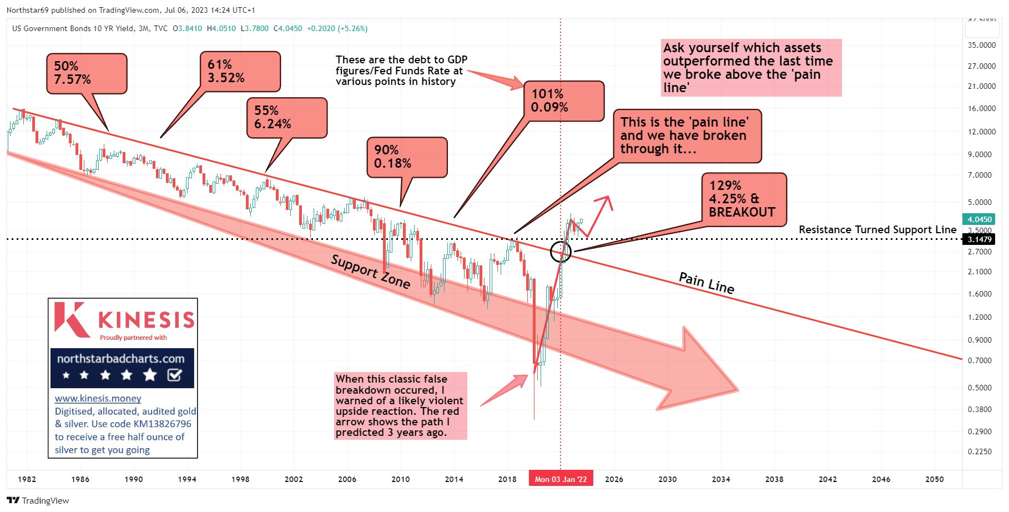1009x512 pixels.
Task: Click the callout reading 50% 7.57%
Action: pyautogui.click(x=87, y=73)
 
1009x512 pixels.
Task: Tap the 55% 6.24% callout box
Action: pyautogui.click(x=286, y=118)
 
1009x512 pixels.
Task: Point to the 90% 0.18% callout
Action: pyautogui.click(x=407, y=157)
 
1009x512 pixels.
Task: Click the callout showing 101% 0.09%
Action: pyautogui.click(x=564, y=101)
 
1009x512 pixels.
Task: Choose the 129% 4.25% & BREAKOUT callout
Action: pyautogui.click(x=744, y=199)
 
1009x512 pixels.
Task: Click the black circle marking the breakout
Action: pyautogui.click(x=561, y=252)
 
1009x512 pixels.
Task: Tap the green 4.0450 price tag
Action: pyautogui.click(x=980, y=219)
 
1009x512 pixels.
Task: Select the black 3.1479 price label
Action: pyautogui.click(x=980, y=239)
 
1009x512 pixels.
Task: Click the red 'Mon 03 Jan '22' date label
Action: pyautogui.click(x=561, y=479)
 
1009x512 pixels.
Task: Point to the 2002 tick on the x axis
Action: pyautogui.click(x=294, y=479)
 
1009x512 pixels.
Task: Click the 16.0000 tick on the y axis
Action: pyautogui.click(x=982, y=109)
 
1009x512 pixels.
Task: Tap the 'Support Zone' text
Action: pyautogui.click(x=371, y=272)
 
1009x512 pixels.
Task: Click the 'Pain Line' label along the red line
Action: pyautogui.click(x=707, y=283)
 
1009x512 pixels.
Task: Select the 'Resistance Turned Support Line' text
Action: pyautogui.click(x=877, y=229)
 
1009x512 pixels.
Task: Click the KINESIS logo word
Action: pyautogui.click(x=146, y=320)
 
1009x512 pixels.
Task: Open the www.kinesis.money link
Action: pyautogui.click(x=98, y=398)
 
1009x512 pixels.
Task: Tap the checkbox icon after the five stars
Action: pyautogui.click(x=174, y=375)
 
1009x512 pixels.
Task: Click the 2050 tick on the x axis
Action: pyautogui.click(x=934, y=479)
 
